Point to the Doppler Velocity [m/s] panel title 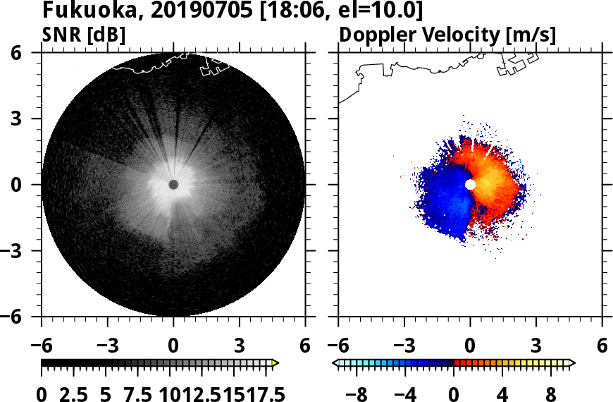[x=448, y=35]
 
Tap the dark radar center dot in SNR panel [x=173, y=184]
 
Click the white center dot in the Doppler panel [x=470, y=184]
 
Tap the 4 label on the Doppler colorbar [x=503, y=394]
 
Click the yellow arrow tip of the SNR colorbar [x=275, y=363]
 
